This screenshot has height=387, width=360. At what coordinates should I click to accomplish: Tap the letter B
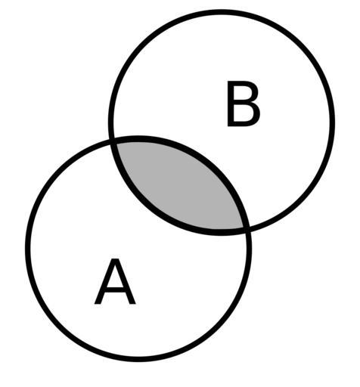click(244, 104)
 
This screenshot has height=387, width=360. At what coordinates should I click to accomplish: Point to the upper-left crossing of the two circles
click(113, 140)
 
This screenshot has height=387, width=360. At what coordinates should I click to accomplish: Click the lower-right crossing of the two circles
click(247, 229)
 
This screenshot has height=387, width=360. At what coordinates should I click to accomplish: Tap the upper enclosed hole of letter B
click(242, 93)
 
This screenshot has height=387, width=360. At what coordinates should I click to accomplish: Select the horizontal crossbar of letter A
click(115, 290)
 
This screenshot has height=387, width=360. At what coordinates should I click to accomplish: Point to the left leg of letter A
click(104, 281)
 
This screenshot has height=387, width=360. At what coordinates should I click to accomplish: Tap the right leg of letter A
click(126, 281)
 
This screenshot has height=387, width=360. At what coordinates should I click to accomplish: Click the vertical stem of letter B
click(231, 104)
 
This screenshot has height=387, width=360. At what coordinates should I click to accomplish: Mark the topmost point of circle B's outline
click(222, 12)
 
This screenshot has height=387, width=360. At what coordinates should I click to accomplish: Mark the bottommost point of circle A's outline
click(138, 359)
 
